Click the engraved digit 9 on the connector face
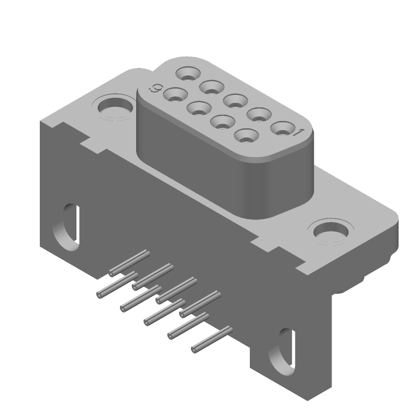click(x=156, y=89)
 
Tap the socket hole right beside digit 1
click(x=282, y=127)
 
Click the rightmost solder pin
click(x=212, y=339)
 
